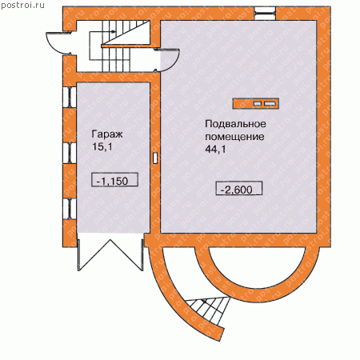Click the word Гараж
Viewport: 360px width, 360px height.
107,134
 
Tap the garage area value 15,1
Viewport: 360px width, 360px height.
102,146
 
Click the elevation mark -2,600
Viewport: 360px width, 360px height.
239,188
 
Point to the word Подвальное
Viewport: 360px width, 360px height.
235,124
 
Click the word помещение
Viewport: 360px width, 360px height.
234,137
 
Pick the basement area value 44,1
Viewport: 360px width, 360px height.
215,149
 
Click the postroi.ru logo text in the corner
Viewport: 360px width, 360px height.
22,6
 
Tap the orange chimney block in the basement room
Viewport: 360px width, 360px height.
256,103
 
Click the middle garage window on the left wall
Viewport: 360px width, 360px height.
70,153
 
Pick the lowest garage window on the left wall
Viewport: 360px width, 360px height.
70,209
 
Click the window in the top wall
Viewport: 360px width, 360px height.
265,14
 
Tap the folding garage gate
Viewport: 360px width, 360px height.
110,252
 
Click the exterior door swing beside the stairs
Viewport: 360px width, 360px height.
58,42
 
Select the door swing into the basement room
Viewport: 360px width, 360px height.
167,60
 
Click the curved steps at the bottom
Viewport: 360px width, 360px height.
207,310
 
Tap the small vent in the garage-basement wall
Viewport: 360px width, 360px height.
155,158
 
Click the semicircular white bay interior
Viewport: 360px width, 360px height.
258,266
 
